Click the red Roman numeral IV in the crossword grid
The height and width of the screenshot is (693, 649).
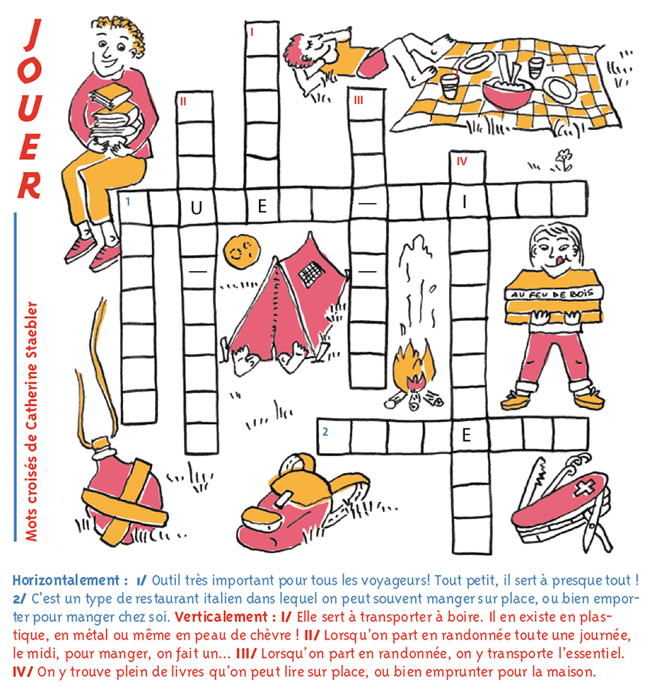(x=462, y=161)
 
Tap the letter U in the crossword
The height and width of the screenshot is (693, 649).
(x=196, y=208)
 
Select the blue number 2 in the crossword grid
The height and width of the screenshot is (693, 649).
(x=325, y=432)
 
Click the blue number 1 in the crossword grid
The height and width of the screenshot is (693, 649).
(x=128, y=202)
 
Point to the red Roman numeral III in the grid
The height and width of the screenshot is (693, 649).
(x=358, y=100)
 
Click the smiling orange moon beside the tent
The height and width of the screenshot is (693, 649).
(x=241, y=251)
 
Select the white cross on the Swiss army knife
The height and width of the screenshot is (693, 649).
(x=584, y=487)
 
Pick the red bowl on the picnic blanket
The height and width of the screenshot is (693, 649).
(x=507, y=93)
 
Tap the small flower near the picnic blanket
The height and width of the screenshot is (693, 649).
(x=563, y=160)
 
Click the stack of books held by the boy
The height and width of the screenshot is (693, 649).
(x=115, y=116)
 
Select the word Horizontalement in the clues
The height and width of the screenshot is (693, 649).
(x=66, y=580)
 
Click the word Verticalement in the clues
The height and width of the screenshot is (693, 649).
(x=221, y=617)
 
